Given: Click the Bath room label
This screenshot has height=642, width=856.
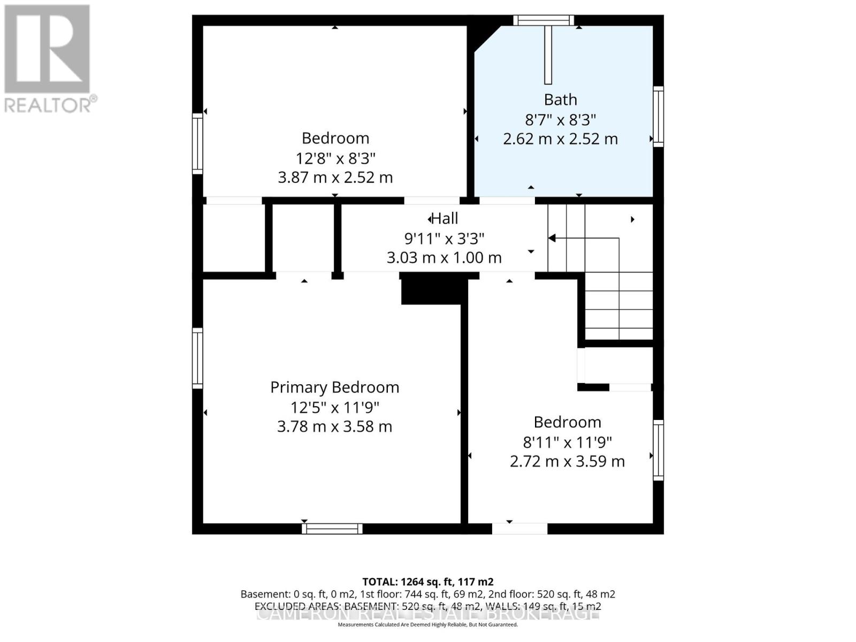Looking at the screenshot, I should pyautogui.click(x=560, y=100).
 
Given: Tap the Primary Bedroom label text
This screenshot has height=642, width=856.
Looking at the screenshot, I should pyautogui.click(x=334, y=387).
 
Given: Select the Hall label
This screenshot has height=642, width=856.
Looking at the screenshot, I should pyautogui.click(x=445, y=218).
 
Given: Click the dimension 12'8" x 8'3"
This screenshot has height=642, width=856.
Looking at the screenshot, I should pyautogui.click(x=335, y=158).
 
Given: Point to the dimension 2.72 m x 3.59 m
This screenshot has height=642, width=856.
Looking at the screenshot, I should pyautogui.click(x=567, y=461).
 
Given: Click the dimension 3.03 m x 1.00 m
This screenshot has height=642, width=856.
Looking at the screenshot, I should pyautogui.click(x=444, y=258).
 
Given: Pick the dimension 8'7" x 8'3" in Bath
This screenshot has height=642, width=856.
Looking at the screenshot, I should pyautogui.click(x=560, y=119).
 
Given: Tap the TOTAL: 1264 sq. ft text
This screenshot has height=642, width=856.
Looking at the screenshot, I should pyautogui.click(x=427, y=582).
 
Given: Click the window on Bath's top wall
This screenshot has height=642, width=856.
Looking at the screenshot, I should pyautogui.click(x=544, y=20).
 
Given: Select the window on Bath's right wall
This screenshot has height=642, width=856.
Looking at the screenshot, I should pyautogui.click(x=659, y=116).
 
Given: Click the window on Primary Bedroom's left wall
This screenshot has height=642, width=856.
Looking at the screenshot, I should pyautogui.click(x=197, y=358).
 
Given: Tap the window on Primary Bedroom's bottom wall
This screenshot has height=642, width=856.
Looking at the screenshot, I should pyautogui.click(x=332, y=529).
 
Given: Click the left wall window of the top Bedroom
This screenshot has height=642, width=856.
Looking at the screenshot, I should pyautogui.click(x=197, y=143).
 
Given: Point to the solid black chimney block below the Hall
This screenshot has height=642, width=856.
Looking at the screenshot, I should pyautogui.click(x=431, y=289).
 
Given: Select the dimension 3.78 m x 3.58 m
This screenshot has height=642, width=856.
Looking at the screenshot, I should pyautogui.click(x=334, y=427).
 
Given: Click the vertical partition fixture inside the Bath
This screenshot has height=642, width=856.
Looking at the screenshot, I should pyautogui.click(x=548, y=55).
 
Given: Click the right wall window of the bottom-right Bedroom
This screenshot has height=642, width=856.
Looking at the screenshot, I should pyautogui.click(x=659, y=450).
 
